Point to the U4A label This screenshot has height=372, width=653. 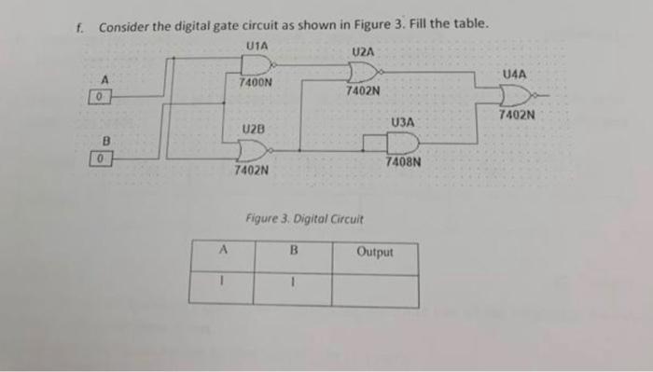click(x=514, y=73)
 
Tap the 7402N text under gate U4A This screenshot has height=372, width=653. click(x=516, y=116)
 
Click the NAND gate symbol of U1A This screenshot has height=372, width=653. click(x=257, y=63)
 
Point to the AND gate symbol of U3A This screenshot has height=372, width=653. click(x=401, y=142)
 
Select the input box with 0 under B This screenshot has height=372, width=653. click(x=107, y=159)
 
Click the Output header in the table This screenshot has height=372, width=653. click(x=375, y=252)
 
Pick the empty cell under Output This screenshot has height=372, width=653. click(x=375, y=287)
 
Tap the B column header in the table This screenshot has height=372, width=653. click(x=291, y=250)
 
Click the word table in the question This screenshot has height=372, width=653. click(x=469, y=24)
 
